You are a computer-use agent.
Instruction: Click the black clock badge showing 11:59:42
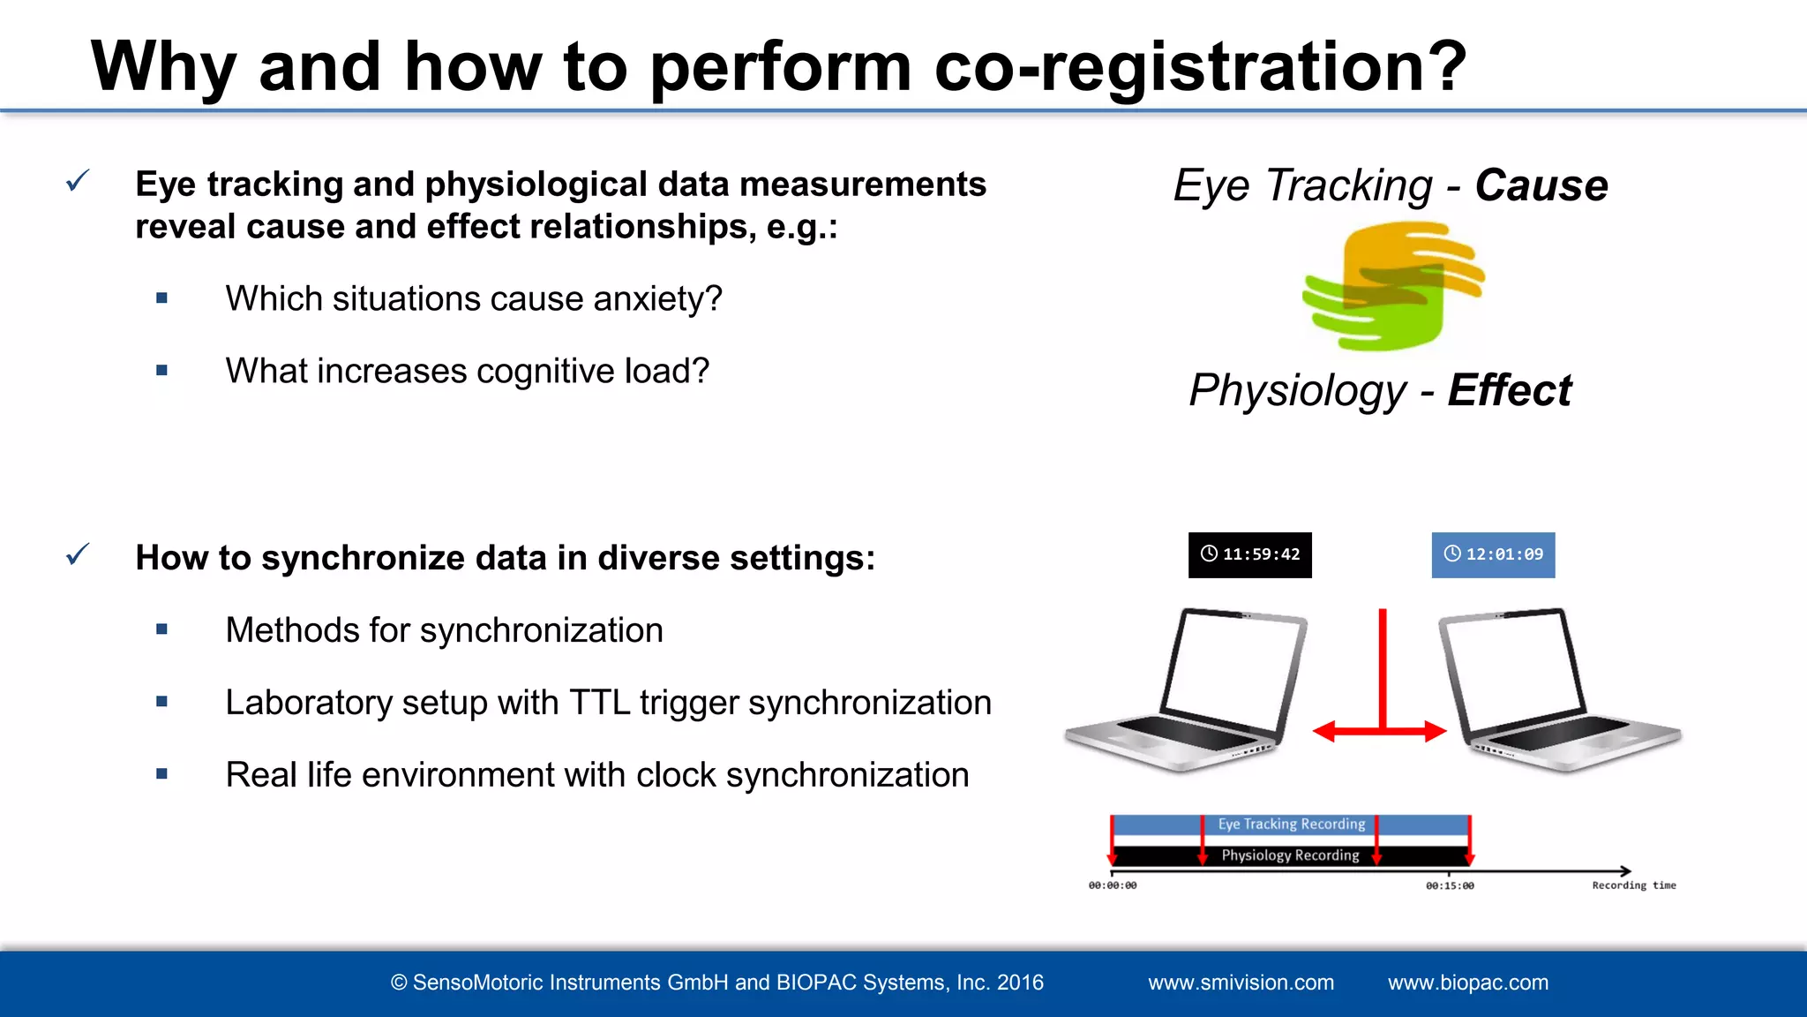(x=1249, y=554)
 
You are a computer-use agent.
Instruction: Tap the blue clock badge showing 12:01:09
(x=1493, y=554)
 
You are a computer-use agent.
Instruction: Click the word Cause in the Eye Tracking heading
(x=1541, y=185)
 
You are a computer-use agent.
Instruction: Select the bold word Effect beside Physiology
(x=1509, y=390)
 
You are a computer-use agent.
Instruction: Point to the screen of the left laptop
(x=1233, y=669)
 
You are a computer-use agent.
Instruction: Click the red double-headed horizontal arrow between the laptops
(x=1380, y=731)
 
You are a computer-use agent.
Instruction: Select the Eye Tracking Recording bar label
(x=1291, y=825)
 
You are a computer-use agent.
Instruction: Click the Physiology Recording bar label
(x=1290, y=855)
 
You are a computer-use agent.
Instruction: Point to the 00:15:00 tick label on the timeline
(x=1450, y=885)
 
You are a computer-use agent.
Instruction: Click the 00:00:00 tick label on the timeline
(x=1113, y=885)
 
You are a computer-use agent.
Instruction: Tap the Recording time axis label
(x=1633, y=885)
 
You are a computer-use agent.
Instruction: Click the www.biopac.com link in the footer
(x=1467, y=983)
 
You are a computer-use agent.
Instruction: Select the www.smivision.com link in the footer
(x=1241, y=983)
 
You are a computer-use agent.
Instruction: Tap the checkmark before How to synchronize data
(x=78, y=555)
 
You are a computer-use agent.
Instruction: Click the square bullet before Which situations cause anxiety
(x=161, y=298)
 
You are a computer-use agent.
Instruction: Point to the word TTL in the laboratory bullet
(x=599, y=703)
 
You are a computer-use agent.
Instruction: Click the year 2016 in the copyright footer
(x=1020, y=983)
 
